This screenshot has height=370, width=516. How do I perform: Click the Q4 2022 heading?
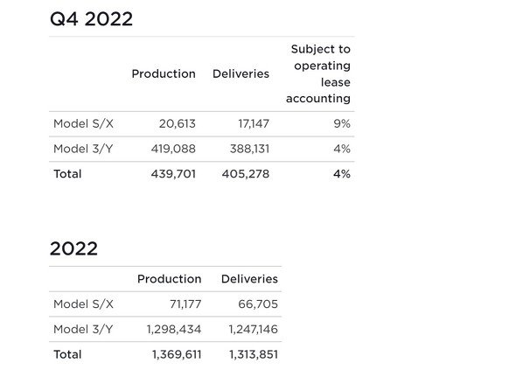91,19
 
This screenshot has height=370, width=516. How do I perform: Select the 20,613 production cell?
178,124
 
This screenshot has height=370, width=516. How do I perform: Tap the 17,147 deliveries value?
254,124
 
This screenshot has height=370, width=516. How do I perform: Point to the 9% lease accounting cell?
342,124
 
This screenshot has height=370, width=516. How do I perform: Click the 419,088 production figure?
173,149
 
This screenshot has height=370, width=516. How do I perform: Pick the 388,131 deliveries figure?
250,149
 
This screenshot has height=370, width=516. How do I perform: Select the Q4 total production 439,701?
173,174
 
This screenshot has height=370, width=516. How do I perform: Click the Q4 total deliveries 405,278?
246,174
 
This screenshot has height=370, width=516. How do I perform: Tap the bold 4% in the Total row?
342,174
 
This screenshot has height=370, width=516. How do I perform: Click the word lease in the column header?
336,82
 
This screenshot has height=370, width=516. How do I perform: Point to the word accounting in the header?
318,99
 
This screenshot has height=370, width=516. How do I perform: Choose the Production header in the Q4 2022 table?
164,73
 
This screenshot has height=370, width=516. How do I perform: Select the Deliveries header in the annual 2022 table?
249,279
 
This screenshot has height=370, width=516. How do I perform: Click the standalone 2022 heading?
73,248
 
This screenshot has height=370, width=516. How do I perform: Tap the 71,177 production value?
185,304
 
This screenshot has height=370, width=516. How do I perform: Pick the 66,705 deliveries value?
258,304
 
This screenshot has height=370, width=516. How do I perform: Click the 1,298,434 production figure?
174,329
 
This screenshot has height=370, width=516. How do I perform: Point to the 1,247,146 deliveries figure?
254,329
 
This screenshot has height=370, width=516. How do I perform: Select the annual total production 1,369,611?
177,354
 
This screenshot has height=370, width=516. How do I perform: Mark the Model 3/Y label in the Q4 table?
83,149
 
